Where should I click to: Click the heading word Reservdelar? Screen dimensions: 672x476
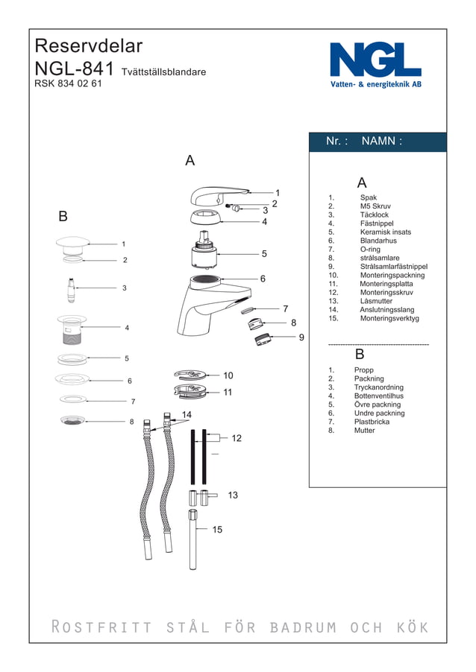(88, 46)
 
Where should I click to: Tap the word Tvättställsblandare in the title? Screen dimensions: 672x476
(163, 72)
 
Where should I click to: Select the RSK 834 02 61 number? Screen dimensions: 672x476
(68, 83)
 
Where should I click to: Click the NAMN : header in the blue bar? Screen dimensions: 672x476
(381, 141)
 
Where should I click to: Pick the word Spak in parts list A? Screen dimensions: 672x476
(368, 197)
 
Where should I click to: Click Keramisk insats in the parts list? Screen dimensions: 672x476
(385, 232)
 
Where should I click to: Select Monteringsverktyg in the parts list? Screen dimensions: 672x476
(389, 318)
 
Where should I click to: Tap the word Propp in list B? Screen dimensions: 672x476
(364, 370)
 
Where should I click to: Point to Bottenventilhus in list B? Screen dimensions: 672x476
(379, 396)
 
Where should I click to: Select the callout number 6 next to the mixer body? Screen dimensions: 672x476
(263, 279)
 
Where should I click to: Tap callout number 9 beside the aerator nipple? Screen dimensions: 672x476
(301, 337)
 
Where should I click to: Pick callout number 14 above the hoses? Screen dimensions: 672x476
(187, 414)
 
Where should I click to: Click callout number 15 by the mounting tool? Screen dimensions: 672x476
(217, 530)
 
